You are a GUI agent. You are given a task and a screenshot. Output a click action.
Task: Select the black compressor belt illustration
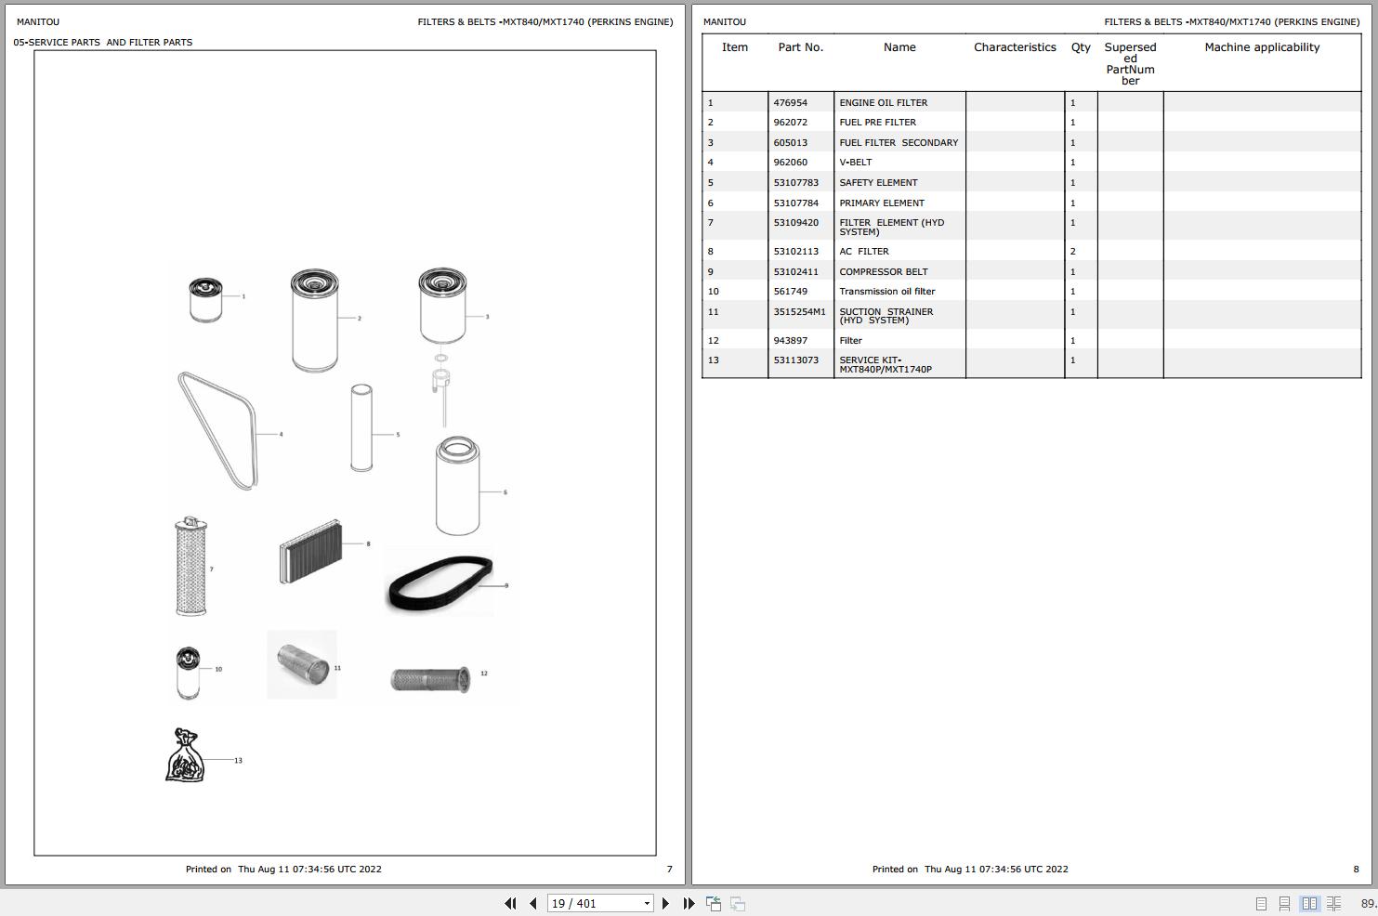pyautogui.click(x=439, y=582)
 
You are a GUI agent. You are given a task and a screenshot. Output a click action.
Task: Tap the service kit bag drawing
pyautogui.click(x=184, y=755)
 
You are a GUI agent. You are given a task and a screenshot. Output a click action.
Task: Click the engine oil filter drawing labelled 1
pyautogui.click(x=205, y=299)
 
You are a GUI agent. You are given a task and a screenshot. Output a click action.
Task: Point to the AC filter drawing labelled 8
pyautogui.click(x=310, y=551)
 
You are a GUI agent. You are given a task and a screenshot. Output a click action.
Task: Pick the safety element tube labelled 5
pyautogui.click(x=361, y=427)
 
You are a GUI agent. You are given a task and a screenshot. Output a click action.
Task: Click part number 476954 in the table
pyautogui.click(x=790, y=103)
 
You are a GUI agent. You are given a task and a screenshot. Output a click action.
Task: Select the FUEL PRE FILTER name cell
pyautogui.click(x=877, y=123)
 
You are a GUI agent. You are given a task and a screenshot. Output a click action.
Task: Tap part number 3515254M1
pyautogui.click(x=799, y=312)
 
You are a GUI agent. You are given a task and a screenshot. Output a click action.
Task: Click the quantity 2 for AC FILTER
pyautogui.click(x=1072, y=252)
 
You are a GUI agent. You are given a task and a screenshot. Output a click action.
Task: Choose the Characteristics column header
pyautogui.click(x=1015, y=47)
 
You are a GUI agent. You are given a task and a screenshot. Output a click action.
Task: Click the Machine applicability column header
pyautogui.click(x=1261, y=47)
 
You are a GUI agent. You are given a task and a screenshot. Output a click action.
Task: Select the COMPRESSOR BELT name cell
pyautogui.click(x=883, y=272)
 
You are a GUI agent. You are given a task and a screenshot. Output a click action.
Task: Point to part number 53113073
pyautogui.click(x=795, y=360)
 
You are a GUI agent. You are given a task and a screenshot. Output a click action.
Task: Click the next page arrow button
pyautogui.click(x=665, y=903)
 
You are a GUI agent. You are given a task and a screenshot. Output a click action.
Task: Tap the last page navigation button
pyautogui.click(x=689, y=903)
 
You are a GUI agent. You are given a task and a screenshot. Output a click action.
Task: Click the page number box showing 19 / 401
pyautogui.click(x=595, y=903)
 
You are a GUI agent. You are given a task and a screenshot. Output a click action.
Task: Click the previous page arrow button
pyautogui.click(x=532, y=903)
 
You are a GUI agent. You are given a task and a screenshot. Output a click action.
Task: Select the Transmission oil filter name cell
pyautogui.click(x=886, y=292)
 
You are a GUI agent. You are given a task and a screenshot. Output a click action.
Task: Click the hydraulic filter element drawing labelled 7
pyautogui.click(x=190, y=567)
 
